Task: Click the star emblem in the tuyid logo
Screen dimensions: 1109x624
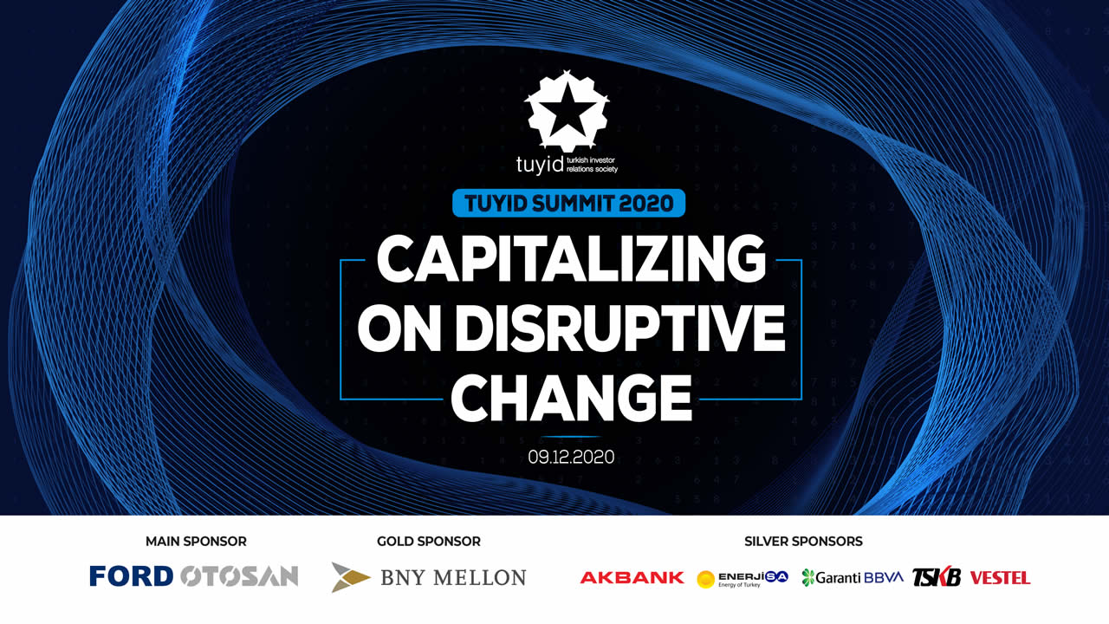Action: click(567, 111)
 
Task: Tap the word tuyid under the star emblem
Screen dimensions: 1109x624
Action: click(540, 165)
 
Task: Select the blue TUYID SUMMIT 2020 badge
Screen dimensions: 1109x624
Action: click(569, 203)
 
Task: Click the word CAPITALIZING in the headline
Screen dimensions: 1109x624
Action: click(571, 258)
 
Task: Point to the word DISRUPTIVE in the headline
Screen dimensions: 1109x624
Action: click(620, 328)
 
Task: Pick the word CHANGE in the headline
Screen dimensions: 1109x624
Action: click(571, 398)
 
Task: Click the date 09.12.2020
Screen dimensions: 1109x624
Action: click(571, 457)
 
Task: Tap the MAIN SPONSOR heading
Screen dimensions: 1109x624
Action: click(196, 542)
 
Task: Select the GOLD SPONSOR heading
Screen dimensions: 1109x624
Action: click(429, 542)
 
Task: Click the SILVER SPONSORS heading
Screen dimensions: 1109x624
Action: click(803, 542)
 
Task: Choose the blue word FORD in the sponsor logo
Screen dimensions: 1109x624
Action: click(131, 576)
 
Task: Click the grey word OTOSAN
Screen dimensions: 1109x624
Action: click(239, 576)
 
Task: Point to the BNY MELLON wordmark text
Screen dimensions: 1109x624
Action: click(453, 577)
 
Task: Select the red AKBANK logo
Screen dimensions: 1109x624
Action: click(632, 577)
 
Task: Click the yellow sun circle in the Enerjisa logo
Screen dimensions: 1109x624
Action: click(705, 579)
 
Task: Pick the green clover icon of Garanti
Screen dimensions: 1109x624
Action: click(808, 577)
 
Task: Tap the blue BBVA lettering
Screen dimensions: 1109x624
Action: click(884, 577)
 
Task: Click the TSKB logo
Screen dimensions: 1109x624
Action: click(937, 576)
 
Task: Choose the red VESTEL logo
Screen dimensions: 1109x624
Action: click(1000, 578)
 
